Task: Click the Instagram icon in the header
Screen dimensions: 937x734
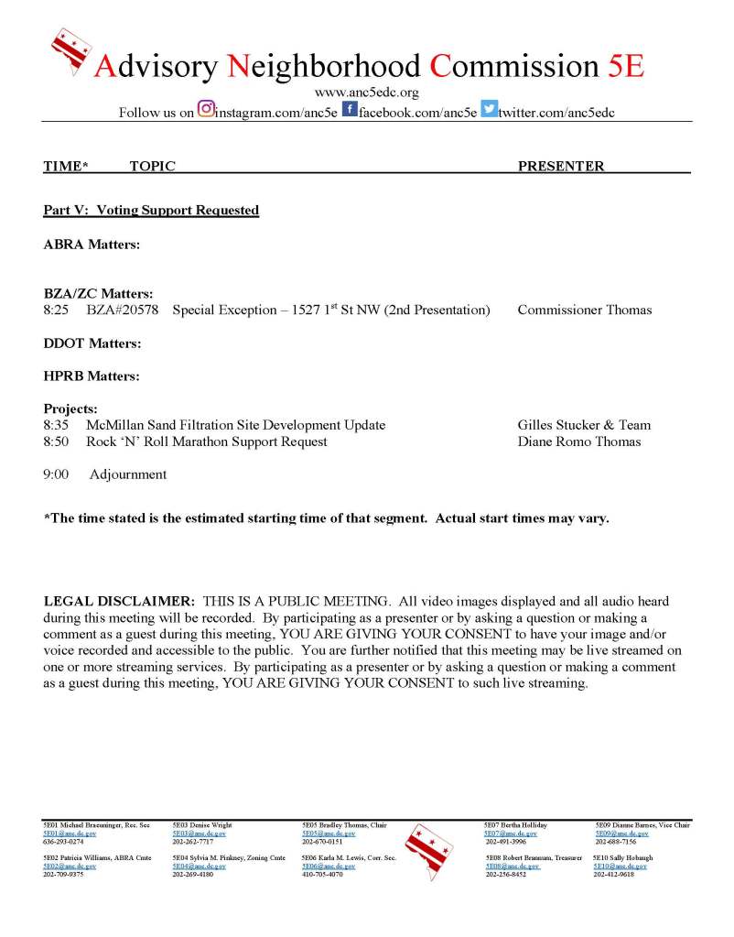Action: tap(206, 110)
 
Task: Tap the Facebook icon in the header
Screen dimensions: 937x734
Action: tap(349, 110)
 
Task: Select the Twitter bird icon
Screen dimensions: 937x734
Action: tap(489, 110)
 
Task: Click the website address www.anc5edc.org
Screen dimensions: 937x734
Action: tap(366, 93)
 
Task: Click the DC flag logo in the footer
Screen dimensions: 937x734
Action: tap(428, 850)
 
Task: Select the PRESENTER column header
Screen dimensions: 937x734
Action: tap(561, 166)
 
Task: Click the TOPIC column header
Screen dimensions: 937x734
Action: tap(152, 166)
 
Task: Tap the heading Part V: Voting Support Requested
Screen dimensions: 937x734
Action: tap(151, 211)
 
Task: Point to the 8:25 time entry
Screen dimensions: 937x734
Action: tap(56, 310)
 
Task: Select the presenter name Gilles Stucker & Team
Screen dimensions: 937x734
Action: tap(584, 425)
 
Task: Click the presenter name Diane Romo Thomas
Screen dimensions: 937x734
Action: tap(579, 441)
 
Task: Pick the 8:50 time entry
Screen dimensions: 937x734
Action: tap(56, 441)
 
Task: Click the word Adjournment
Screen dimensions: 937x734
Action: tap(128, 474)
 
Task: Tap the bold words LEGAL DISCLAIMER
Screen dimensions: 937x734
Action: tap(119, 602)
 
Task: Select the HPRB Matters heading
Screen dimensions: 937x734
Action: tap(92, 376)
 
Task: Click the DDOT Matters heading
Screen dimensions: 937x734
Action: tap(92, 343)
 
